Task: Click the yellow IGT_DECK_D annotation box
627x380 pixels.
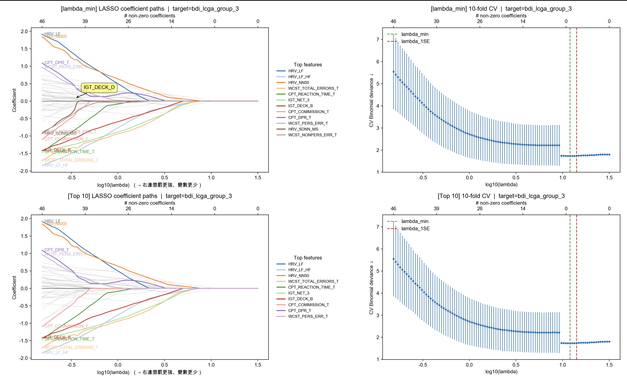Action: [x=99, y=88]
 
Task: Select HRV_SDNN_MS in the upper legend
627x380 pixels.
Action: [x=303, y=129]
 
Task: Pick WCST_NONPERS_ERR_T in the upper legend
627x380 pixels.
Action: [x=312, y=135]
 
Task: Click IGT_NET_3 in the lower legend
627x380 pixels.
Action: [x=298, y=293]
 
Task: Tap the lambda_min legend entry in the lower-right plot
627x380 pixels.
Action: [x=415, y=222]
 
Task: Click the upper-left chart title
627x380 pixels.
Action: [x=150, y=9]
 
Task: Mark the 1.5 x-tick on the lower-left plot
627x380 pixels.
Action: [x=258, y=365]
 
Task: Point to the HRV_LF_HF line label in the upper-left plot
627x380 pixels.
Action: [x=56, y=165]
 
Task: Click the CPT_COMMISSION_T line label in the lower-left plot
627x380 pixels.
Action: [x=66, y=326]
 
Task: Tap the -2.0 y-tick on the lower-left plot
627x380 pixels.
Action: [x=23, y=358]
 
